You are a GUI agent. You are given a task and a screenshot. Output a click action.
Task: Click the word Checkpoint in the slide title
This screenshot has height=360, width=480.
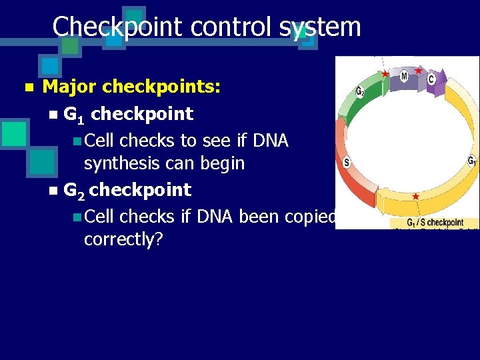(x=117, y=27)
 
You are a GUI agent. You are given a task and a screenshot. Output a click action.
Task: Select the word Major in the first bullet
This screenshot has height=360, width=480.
(x=70, y=87)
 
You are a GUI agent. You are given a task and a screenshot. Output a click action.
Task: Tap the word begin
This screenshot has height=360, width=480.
(x=221, y=163)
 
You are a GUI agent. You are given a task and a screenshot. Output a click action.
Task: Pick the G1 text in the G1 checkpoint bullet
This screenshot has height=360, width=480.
(x=74, y=115)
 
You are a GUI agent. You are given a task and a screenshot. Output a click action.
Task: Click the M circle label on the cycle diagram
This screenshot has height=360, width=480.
(x=404, y=77)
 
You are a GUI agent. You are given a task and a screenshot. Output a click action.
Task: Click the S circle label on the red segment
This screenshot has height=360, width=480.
(x=347, y=162)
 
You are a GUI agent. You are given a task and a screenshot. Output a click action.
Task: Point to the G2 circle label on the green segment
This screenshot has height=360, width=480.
(x=360, y=91)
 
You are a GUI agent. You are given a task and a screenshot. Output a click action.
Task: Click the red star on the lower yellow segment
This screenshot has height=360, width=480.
(x=416, y=197)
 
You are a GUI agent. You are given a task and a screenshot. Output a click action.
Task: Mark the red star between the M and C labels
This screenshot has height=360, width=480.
(x=418, y=71)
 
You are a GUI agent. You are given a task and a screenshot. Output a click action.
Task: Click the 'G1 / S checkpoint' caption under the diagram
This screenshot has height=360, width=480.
(x=435, y=222)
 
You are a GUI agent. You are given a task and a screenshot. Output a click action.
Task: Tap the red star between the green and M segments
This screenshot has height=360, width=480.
(x=385, y=73)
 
